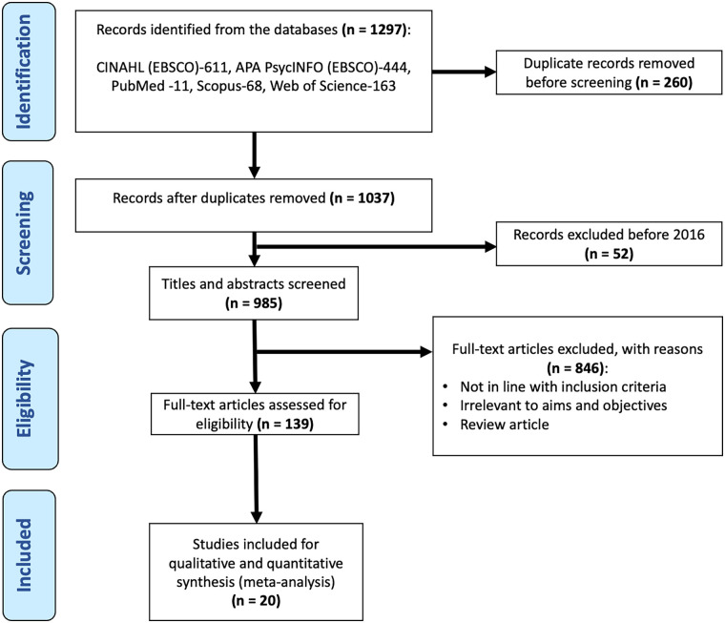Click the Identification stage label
pyautogui.click(x=24, y=72)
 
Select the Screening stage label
pyautogui.click(x=24, y=233)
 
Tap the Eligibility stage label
pyautogui.click(x=25, y=398)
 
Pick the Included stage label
pyautogui.click(x=24, y=554)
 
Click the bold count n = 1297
pyautogui.click(x=375, y=30)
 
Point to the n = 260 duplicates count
pyautogui.click(x=664, y=82)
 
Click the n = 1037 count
pyautogui.click(x=362, y=197)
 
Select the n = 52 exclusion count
pyautogui.click(x=609, y=254)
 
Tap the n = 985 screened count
pyautogui.click(x=254, y=303)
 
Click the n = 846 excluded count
pyautogui.click(x=575, y=368)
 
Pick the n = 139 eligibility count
pyautogui.click(x=285, y=424)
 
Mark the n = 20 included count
pyautogui.click(x=256, y=600)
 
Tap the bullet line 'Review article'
pyautogui.click(x=505, y=425)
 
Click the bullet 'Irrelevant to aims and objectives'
pyautogui.click(x=563, y=405)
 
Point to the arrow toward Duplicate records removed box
pyautogui.click(x=464, y=72)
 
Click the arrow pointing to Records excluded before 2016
pyautogui.click(x=376, y=246)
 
